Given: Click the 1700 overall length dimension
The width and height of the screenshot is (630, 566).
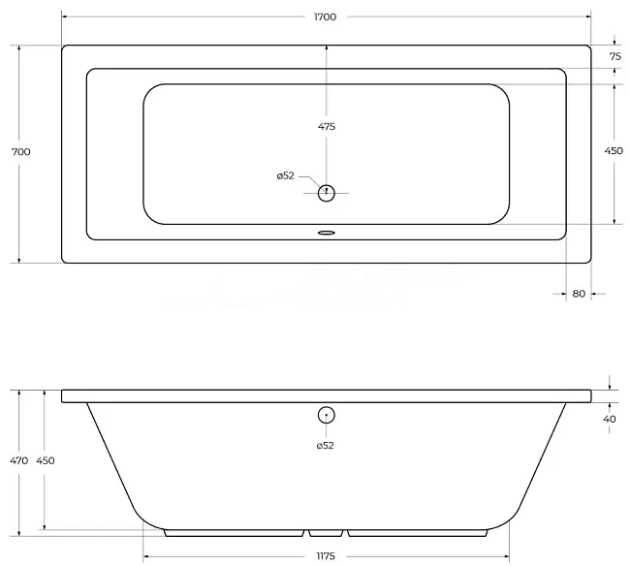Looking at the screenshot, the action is point(325,16).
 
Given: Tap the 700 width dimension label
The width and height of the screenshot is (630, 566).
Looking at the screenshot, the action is point(21,152).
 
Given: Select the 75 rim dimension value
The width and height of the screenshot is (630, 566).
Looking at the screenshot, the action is point(615,56).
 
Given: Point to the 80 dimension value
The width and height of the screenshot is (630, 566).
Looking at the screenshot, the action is point(579,294).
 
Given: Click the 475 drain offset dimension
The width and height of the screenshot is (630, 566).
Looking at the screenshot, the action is point(327,127).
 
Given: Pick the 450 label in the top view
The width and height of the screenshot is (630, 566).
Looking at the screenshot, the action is point(614,150).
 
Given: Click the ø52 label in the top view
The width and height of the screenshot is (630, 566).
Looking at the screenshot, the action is point(285,175).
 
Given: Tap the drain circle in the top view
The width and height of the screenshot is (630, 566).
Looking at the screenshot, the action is point(327,193).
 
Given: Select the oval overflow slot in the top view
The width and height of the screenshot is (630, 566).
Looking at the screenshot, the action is point(327,233).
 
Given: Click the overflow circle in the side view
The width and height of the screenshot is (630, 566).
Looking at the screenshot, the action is point(327,415).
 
